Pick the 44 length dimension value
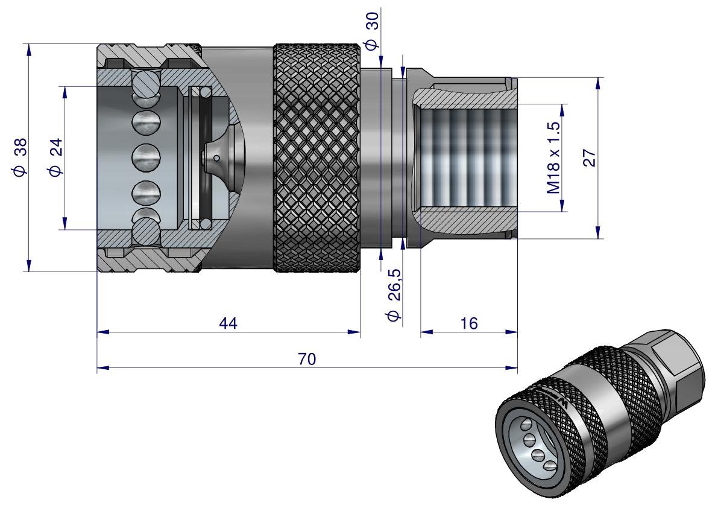pyautogui.click(x=228, y=323)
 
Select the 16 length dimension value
pyautogui.click(x=468, y=323)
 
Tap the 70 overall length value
pyautogui.click(x=307, y=360)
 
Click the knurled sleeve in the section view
pyautogui.click(x=318, y=158)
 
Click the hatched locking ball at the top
pyautogui.click(x=147, y=83)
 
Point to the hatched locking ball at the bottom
pyautogui.click(x=147, y=233)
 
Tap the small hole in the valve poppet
pyautogui.click(x=216, y=159)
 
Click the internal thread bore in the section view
pyautogui.click(x=464, y=158)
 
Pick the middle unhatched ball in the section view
pyautogui.click(x=147, y=159)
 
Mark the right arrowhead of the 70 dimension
pyautogui.click(x=513, y=367)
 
